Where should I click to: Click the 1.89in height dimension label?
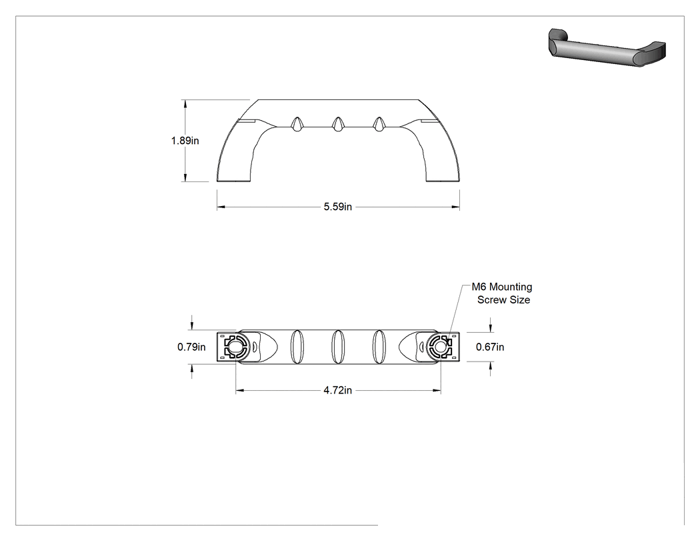(x=185, y=141)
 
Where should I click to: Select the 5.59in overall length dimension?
(x=338, y=206)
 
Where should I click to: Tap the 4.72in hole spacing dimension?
(x=338, y=390)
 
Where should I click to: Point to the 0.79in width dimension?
(x=191, y=347)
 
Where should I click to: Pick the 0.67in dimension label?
(x=490, y=347)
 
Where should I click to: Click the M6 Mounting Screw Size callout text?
(x=502, y=293)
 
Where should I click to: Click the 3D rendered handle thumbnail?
(x=607, y=47)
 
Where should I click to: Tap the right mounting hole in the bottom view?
(x=440, y=347)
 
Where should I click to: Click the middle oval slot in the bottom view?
(x=338, y=347)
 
